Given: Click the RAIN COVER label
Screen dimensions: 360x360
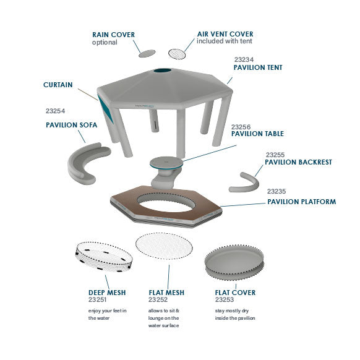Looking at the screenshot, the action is coord(113,35).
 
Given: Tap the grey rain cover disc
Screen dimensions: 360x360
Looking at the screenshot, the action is coord(147,53).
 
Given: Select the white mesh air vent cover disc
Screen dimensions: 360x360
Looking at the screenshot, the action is coord(177,54).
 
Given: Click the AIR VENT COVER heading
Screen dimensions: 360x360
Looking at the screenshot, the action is coord(225,34).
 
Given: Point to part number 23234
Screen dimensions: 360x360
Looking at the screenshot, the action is coord(244,60).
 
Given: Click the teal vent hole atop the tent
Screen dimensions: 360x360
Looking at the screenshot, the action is coord(163,71).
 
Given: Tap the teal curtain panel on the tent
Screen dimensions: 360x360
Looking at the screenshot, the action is coord(105,109).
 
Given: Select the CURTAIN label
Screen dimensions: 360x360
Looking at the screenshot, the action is coord(58,85).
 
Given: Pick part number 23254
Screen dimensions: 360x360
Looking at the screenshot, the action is coord(55,111).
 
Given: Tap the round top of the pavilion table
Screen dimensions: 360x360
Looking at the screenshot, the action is coord(166,163).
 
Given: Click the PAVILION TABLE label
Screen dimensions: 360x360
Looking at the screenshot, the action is coord(257,134).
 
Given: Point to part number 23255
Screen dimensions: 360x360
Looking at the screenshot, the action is coord(275,155).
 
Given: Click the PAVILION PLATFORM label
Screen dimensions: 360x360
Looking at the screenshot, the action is coord(301,202).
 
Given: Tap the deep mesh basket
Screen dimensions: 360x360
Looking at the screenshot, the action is coord(104,257).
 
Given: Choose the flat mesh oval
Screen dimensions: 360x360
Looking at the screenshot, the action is coord(164,246).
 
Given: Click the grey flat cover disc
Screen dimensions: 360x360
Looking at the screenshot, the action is coord(234,262).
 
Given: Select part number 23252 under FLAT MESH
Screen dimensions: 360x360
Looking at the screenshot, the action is coord(158,299).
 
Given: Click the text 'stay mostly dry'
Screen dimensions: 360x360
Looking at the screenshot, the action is coord(232,311).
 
